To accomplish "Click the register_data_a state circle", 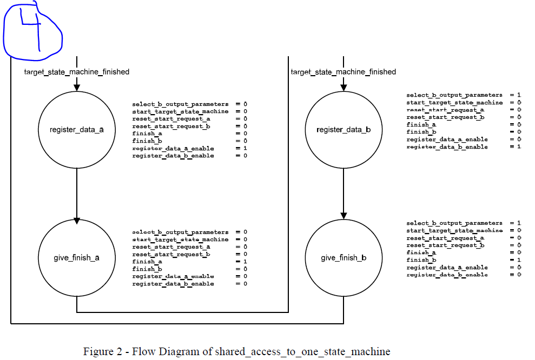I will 76,130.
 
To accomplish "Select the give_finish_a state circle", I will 76,257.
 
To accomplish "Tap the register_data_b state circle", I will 344,130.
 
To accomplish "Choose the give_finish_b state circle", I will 344,257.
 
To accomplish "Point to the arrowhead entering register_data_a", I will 76,87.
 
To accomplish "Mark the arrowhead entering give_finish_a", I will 76,221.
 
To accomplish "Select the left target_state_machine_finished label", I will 76,72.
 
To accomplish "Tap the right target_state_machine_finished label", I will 343,72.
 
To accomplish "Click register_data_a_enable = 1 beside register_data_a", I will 189,148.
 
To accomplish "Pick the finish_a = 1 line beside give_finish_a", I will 189,262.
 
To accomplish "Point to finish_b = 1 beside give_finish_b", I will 463,260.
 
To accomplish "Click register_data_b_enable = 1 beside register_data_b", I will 463,146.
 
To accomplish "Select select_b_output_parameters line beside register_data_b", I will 463,95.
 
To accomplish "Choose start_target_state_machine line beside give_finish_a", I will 189,239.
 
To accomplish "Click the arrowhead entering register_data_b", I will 344,87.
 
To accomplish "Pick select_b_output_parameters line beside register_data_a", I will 189,104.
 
